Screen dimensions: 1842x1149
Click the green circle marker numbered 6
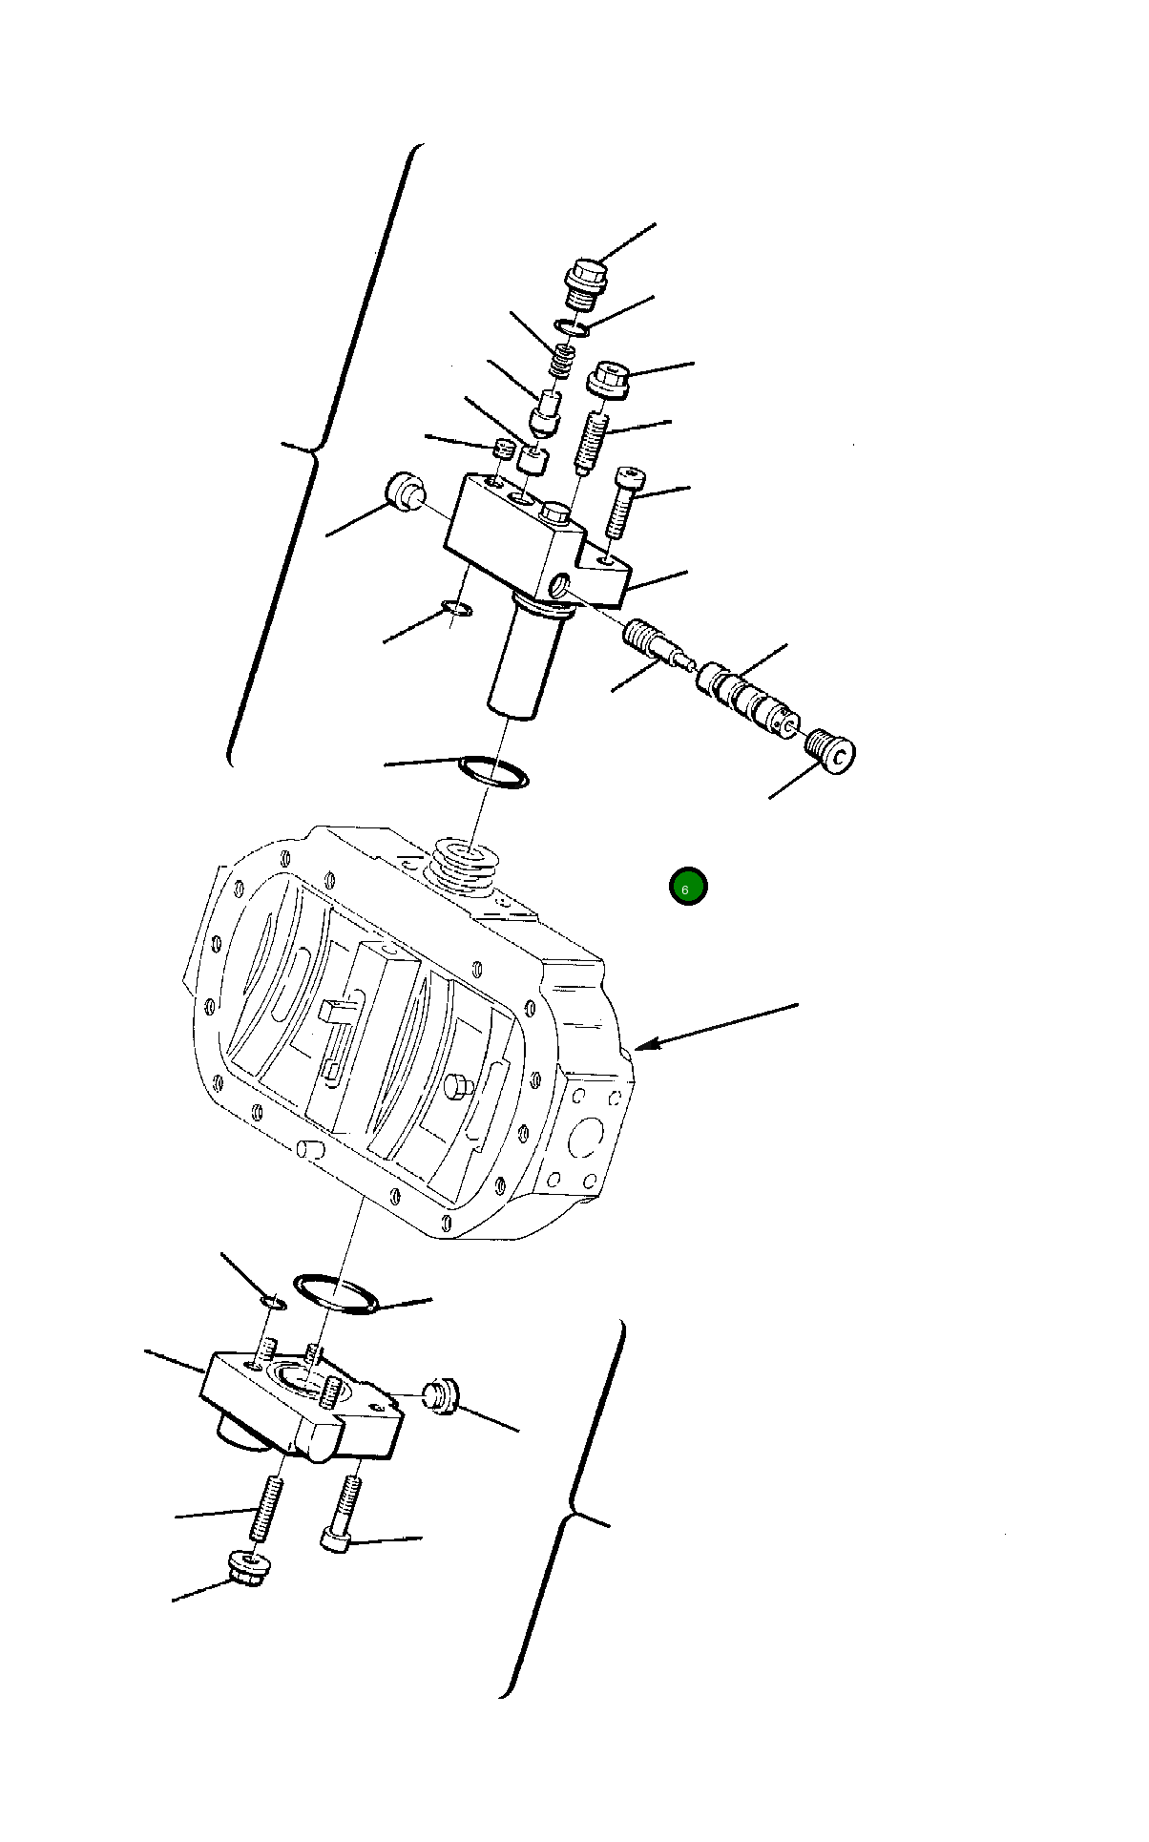687,887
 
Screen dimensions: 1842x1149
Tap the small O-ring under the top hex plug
573,329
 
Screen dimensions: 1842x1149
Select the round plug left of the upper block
405,491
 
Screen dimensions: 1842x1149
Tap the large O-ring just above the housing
493,771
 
